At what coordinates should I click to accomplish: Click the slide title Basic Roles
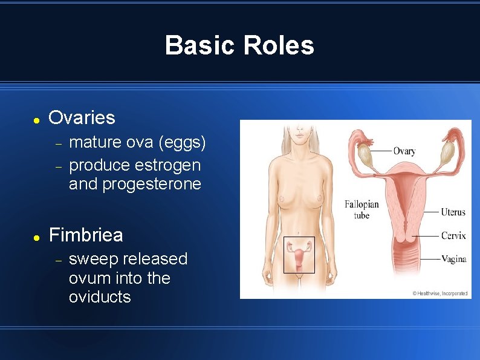coord(239,45)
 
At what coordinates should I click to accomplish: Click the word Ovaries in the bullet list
coord(82,117)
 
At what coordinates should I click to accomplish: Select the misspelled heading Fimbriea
coord(85,235)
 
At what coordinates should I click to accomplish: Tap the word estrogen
coord(168,165)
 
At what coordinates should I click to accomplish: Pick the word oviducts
coord(100,297)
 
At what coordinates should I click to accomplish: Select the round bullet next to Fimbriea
coord(36,237)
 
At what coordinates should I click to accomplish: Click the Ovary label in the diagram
coord(404,151)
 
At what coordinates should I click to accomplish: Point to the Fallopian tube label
coord(362,209)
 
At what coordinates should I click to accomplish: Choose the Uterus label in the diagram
coord(453,212)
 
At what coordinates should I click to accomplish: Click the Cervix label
coord(453,235)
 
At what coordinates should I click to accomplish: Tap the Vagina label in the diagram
coord(453,259)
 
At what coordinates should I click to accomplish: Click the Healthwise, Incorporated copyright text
coord(439,293)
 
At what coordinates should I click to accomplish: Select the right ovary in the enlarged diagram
coord(447,154)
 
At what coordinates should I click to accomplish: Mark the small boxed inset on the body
coord(299,254)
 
